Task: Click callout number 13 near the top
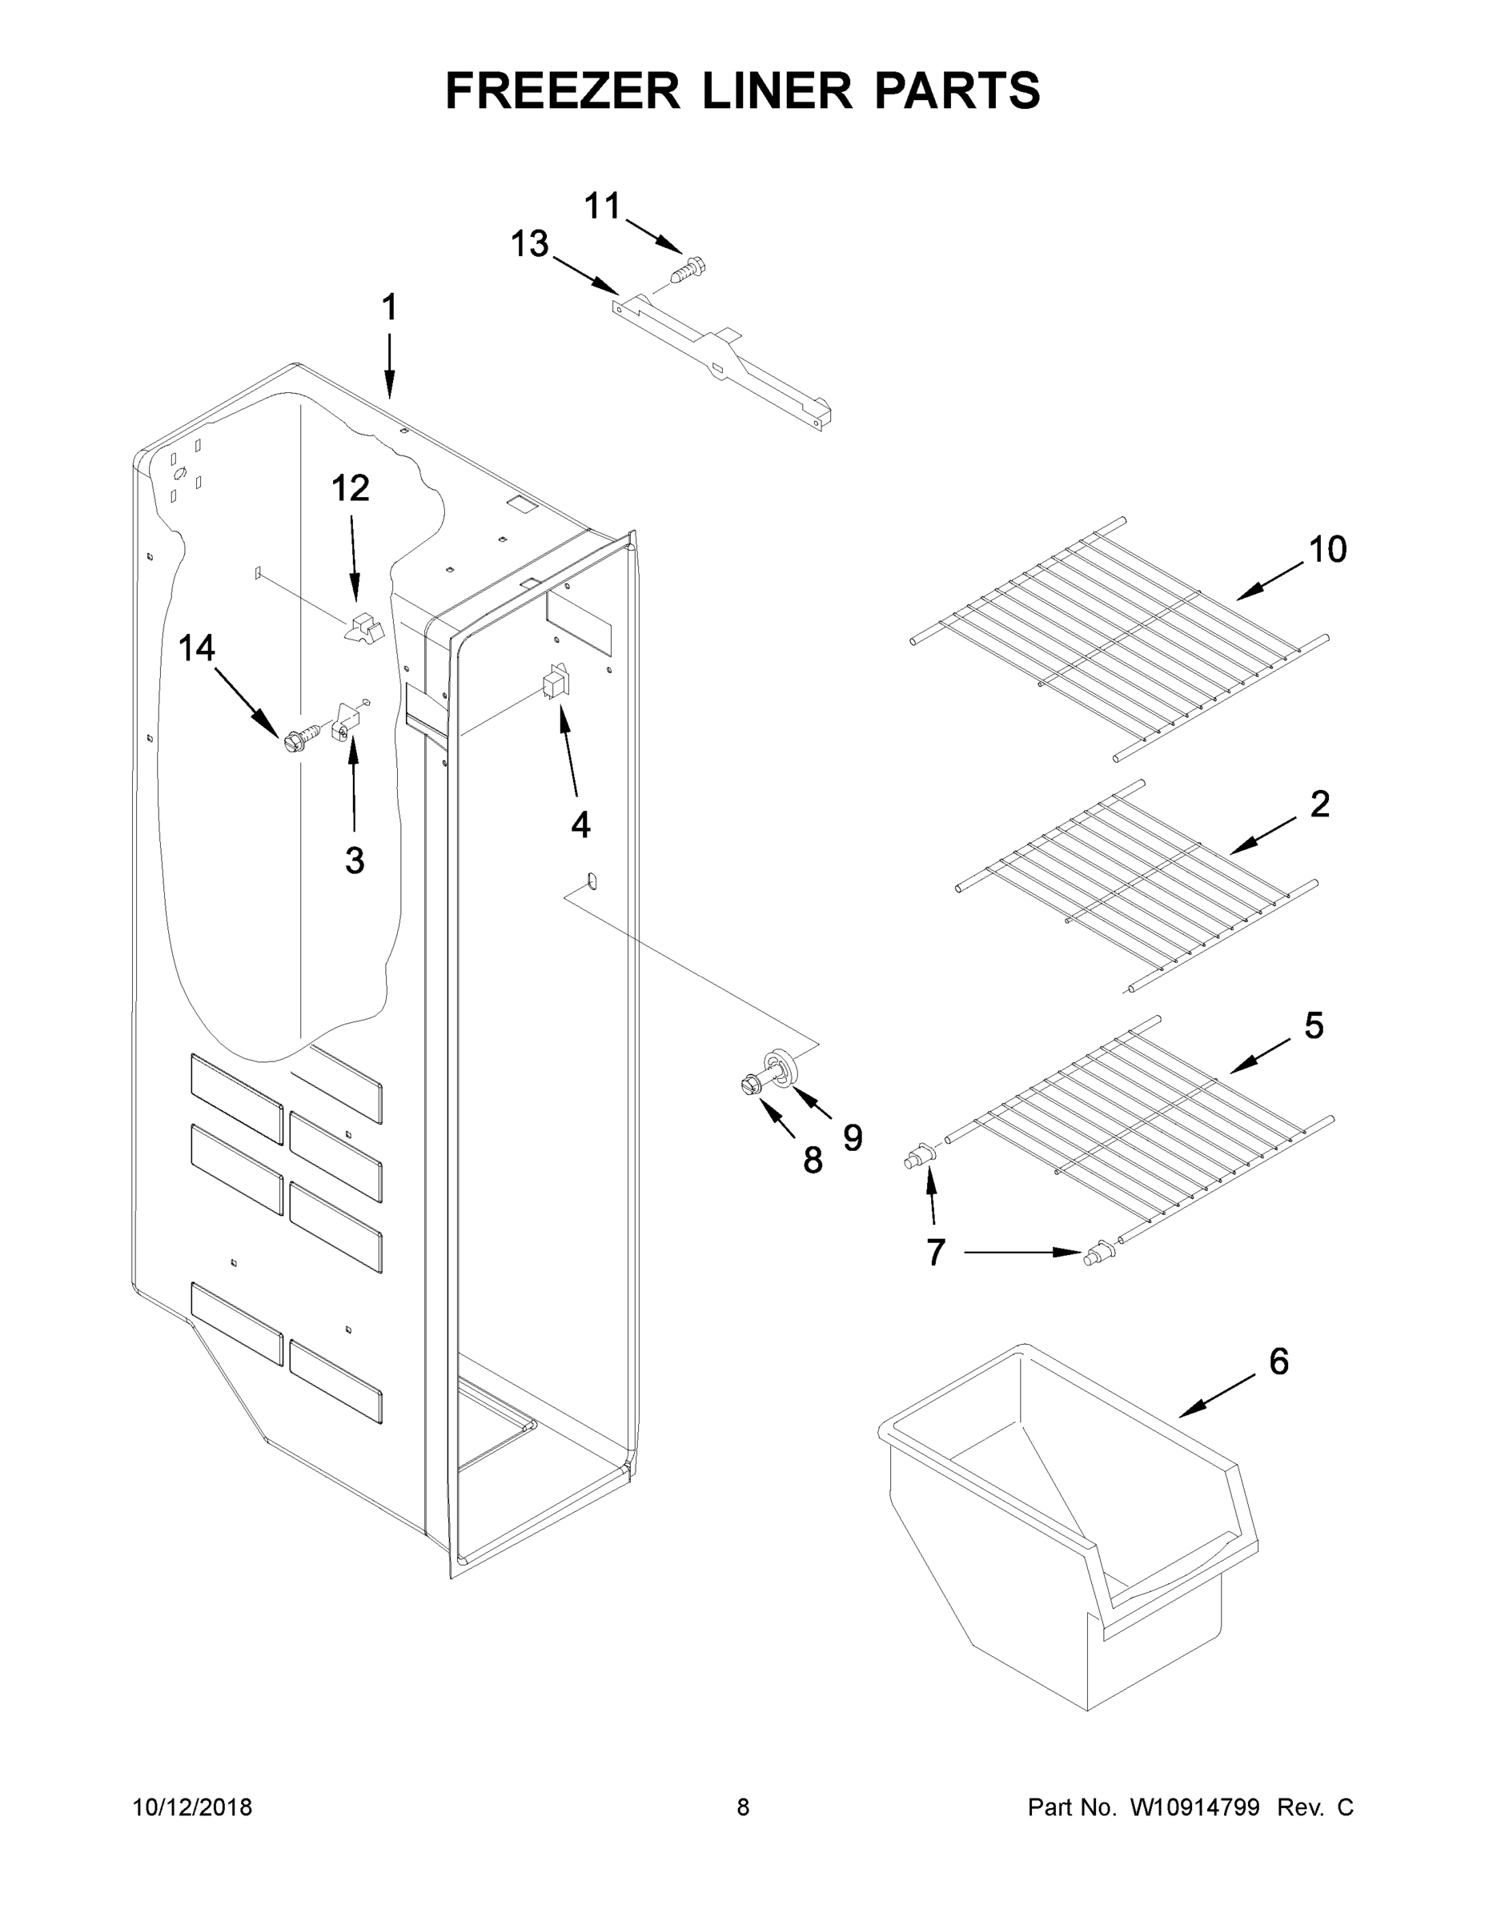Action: [530, 243]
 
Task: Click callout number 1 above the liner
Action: [389, 308]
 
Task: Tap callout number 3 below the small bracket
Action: [355, 860]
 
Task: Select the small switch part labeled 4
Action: [556, 683]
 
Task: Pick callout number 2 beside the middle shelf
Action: [1319, 803]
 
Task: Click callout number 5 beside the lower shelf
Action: [1314, 1025]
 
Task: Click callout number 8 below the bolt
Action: [812, 1160]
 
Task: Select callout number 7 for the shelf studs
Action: [935, 1252]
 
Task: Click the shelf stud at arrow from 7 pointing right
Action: [1096, 1253]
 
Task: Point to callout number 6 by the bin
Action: [1278, 1361]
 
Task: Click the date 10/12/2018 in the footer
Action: [193, 1807]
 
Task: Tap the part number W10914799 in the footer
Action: [1194, 1807]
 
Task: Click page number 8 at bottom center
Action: [743, 1807]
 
